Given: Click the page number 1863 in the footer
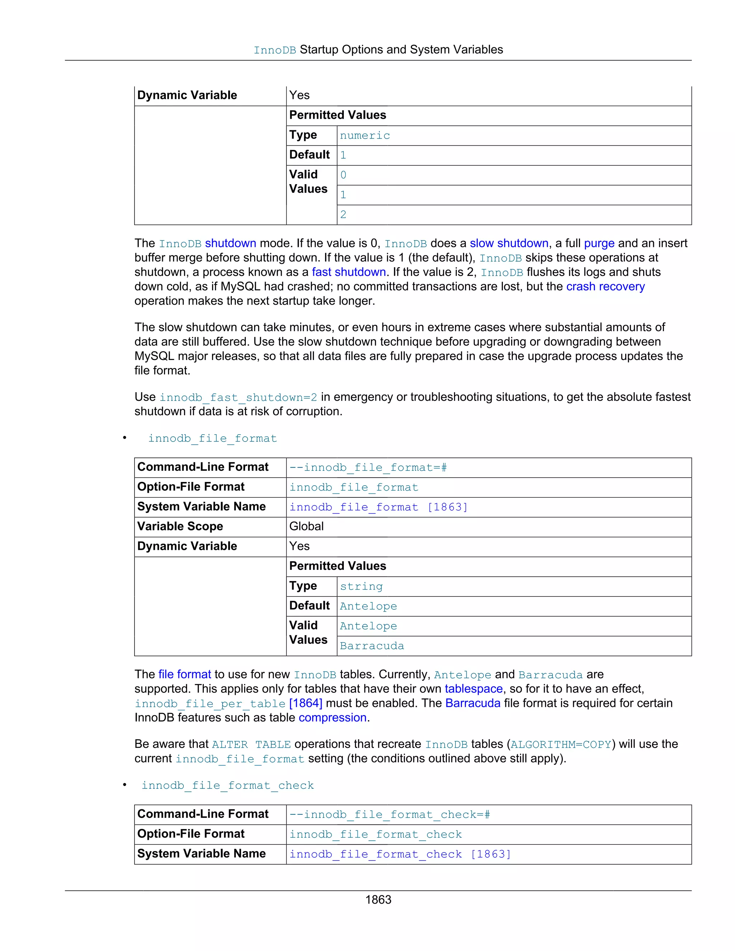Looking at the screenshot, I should (x=378, y=900).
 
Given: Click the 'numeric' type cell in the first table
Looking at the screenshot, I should (x=365, y=135).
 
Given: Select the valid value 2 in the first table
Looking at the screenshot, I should (x=343, y=215).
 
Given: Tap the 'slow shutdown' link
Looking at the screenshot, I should (x=509, y=243).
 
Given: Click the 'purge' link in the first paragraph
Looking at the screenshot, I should (x=599, y=243).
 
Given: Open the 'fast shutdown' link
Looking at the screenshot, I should (x=349, y=272).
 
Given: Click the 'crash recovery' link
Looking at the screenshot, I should (x=605, y=286).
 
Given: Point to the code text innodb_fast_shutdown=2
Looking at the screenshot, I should (x=238, y=397).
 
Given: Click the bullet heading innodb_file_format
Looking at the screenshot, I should (x=212, y=438).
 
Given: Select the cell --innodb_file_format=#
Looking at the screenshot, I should (x=368, y=467).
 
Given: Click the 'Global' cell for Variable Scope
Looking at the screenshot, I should (x=306, y=526).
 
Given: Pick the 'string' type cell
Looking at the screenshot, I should (x=361, y=586).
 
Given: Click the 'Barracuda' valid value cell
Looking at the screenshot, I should (x=372, y=646).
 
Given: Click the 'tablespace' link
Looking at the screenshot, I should (x=473, y=689).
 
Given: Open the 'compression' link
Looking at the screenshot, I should (x=333, y=718).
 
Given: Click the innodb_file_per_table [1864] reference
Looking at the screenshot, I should (x=228, y=703).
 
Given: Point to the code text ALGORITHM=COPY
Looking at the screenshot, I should (x=561, y=744).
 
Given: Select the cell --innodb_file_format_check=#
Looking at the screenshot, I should (x=390, y=814).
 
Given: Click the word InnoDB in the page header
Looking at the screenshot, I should (x=275, y=50).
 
